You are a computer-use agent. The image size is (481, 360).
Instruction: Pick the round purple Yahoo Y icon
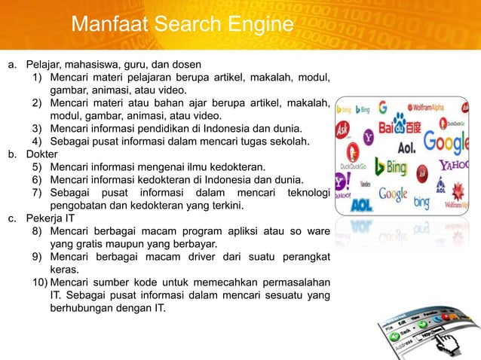point(368,136)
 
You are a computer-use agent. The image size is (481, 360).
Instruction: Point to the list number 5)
point(37,166)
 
